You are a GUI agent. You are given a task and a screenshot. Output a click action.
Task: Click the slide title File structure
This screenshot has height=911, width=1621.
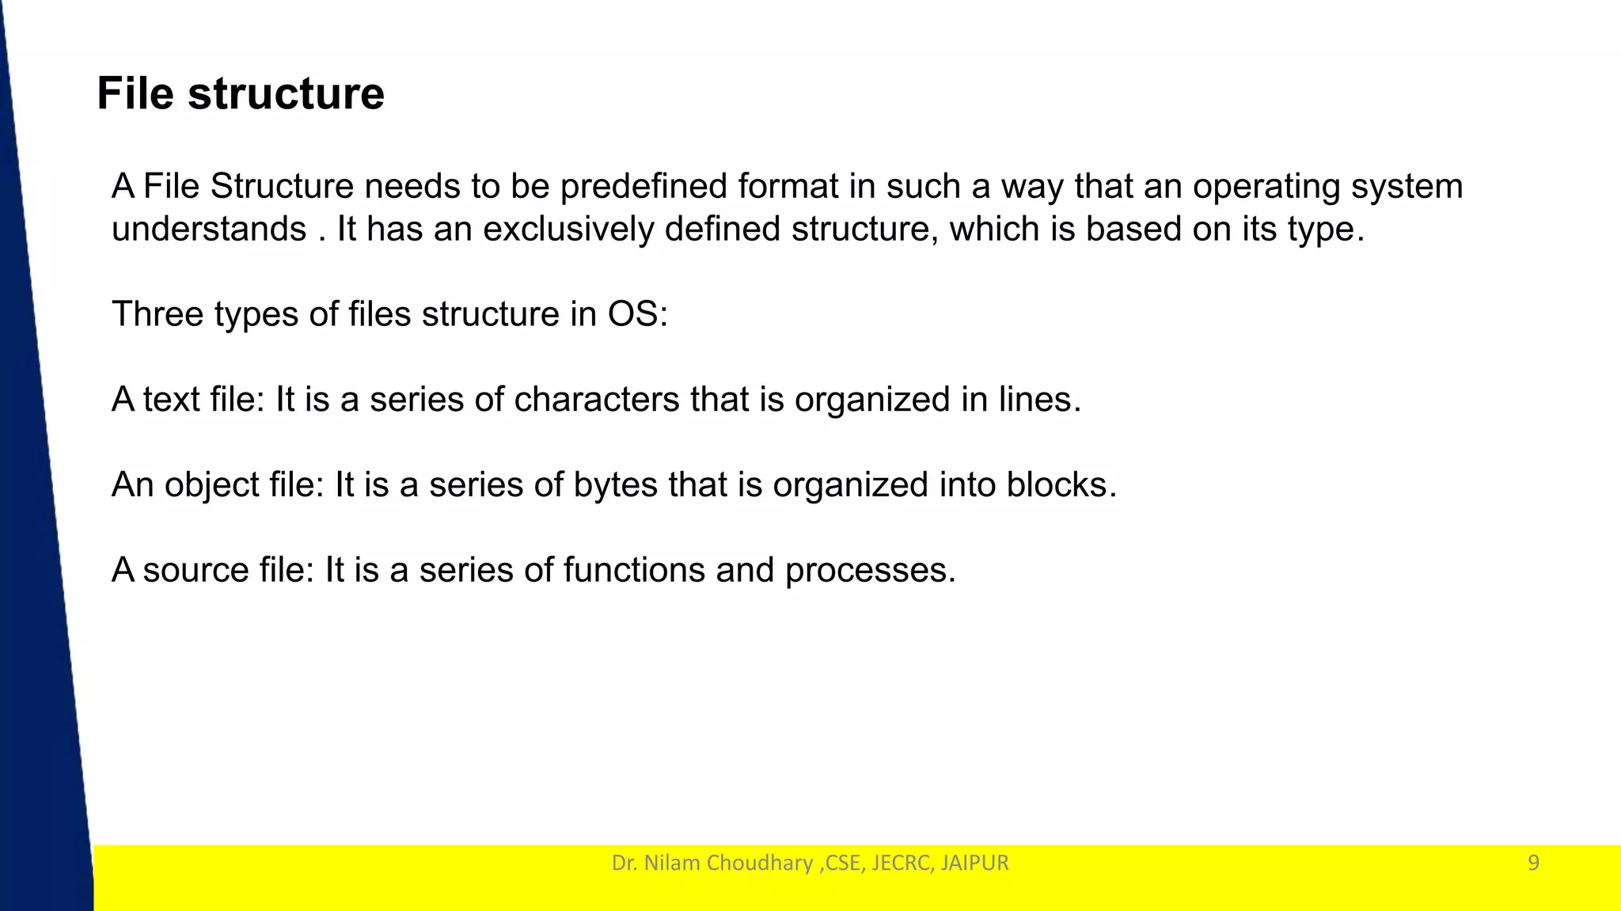pyautogui.click(x=241, y=94)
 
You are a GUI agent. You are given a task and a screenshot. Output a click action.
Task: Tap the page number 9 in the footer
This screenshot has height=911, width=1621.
pyautogui.click(x=1533, y=863)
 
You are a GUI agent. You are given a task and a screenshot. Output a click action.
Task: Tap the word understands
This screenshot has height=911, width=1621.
pyautogui.click(x=209, y=230)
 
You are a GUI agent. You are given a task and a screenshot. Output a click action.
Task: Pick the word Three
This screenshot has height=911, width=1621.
pyautogui.click(x=158, y=314)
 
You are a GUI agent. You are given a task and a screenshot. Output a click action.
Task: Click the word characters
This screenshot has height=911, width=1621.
pyautogui.click(x=596, y=400)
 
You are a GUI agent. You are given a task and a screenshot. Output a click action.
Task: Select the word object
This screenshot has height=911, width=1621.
pyautogui.click(x=211, y=485)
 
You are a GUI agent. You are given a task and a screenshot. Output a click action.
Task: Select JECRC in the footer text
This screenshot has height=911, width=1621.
pyautogui.click(x=901, y=863)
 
